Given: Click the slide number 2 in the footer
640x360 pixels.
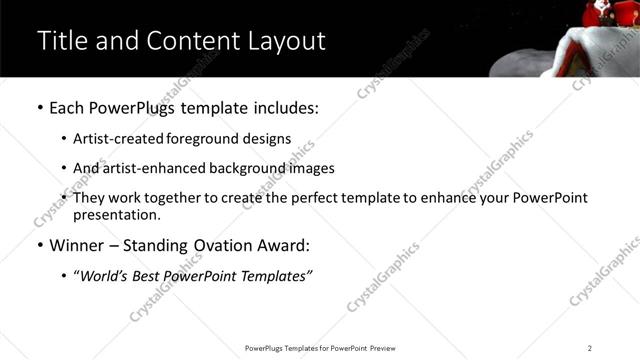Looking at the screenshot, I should point(590,348).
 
